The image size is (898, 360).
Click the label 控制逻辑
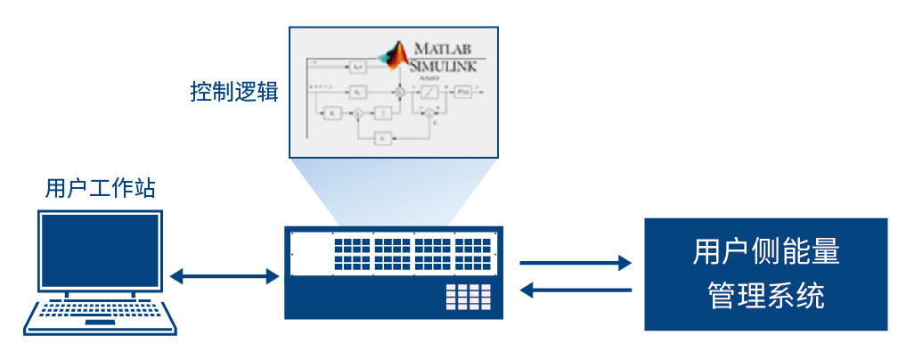pos(234,91)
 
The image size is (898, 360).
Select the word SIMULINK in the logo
pos(444,65)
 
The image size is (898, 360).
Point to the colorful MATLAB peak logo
pos(394,55)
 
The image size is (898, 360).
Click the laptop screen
pos(100,252)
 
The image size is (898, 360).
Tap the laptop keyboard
pos(100,312)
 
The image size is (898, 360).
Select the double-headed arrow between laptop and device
pos(224,276)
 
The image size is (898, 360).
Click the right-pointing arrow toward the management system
pos(576,263)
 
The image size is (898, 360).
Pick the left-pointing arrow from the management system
pos(576,289)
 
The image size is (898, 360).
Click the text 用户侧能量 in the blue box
pos(766,252)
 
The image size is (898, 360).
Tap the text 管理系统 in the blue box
pos(766,294)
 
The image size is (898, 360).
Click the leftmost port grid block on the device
pos(352,253)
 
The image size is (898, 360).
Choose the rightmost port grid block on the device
pos(472,253)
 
